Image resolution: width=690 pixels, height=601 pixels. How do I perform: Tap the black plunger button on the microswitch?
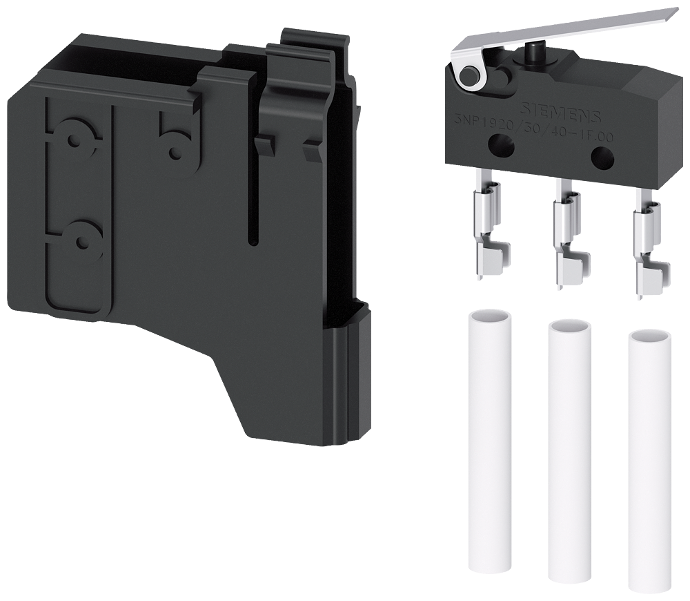[x=533, y=53]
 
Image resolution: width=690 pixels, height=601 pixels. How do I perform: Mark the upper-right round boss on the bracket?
[x=172, y=144]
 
